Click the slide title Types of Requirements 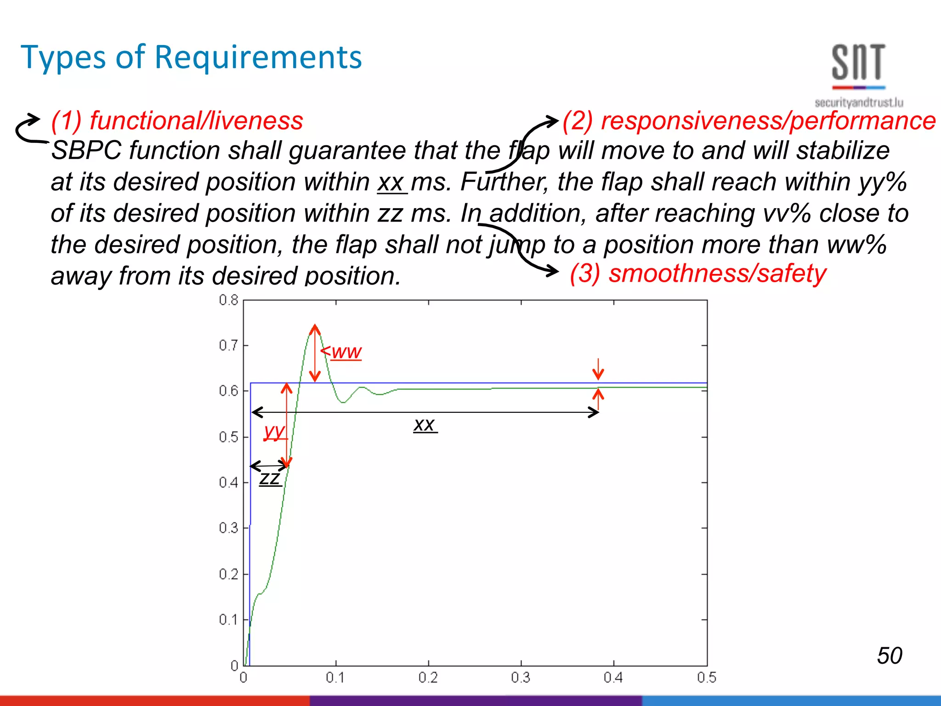pyautogui.click(x=191, y=57)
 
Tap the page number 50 pyautogui.click(x=889, y=655)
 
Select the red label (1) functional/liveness pyautogui.click(x=177, y=120)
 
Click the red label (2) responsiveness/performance pyautogui.click(x=749, y=120)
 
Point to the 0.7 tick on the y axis pyautogui.click(x=228, y=346)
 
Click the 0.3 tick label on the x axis pyautogui.click(x=521, y=678)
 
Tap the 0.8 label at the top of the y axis pyautogui.click(x=228, y=301)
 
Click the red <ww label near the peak pyautogui.click(x=341, y=352)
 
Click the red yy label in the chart pyautogui.click(x=274, y=431)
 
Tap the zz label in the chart pyautogui.click(x=270, y=478)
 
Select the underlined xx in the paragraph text pyautogui.click(x=391, y=182)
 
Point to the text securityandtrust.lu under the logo pyautogui.click(x=859, y=102)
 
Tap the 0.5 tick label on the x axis pyautogui.click(x=706, y=678)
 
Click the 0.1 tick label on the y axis pyautogui.click(x=228, y=620)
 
